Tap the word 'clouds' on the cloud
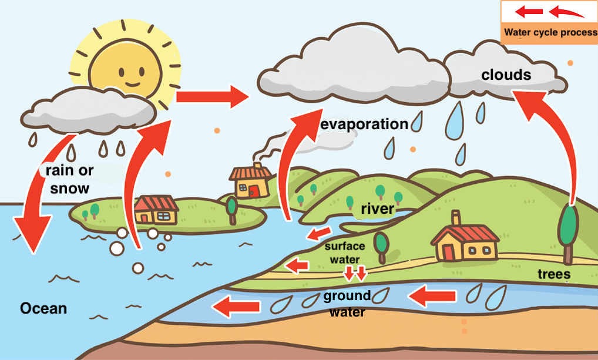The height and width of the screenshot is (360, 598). pyautogui.click(x=506, y=75)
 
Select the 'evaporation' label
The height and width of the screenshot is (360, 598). pyautogui.click(x=364, y=125)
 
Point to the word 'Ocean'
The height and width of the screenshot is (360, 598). pyautogui.click(x=43, y=308)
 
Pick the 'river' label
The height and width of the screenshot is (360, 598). pyautogui.click(x=378, y=209)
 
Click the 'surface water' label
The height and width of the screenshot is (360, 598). pyautogui.click(x=345, y=253)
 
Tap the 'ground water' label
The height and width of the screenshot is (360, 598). pyautogui.click(x=347, y=304)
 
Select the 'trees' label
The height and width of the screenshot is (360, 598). pyautogui.click(x=554, y=274)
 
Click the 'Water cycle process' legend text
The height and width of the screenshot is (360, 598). pyautogui.click(x=549, y=32)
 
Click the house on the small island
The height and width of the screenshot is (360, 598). pyautogui.click(x=156, y=210)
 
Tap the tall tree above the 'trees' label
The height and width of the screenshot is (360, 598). pyautogui.click(x=568, y=230)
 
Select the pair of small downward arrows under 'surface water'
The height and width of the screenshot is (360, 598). pyautogui.click(x=355, y=273)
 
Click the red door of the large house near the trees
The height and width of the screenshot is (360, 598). pyautogui.click(x=449, y=251)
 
